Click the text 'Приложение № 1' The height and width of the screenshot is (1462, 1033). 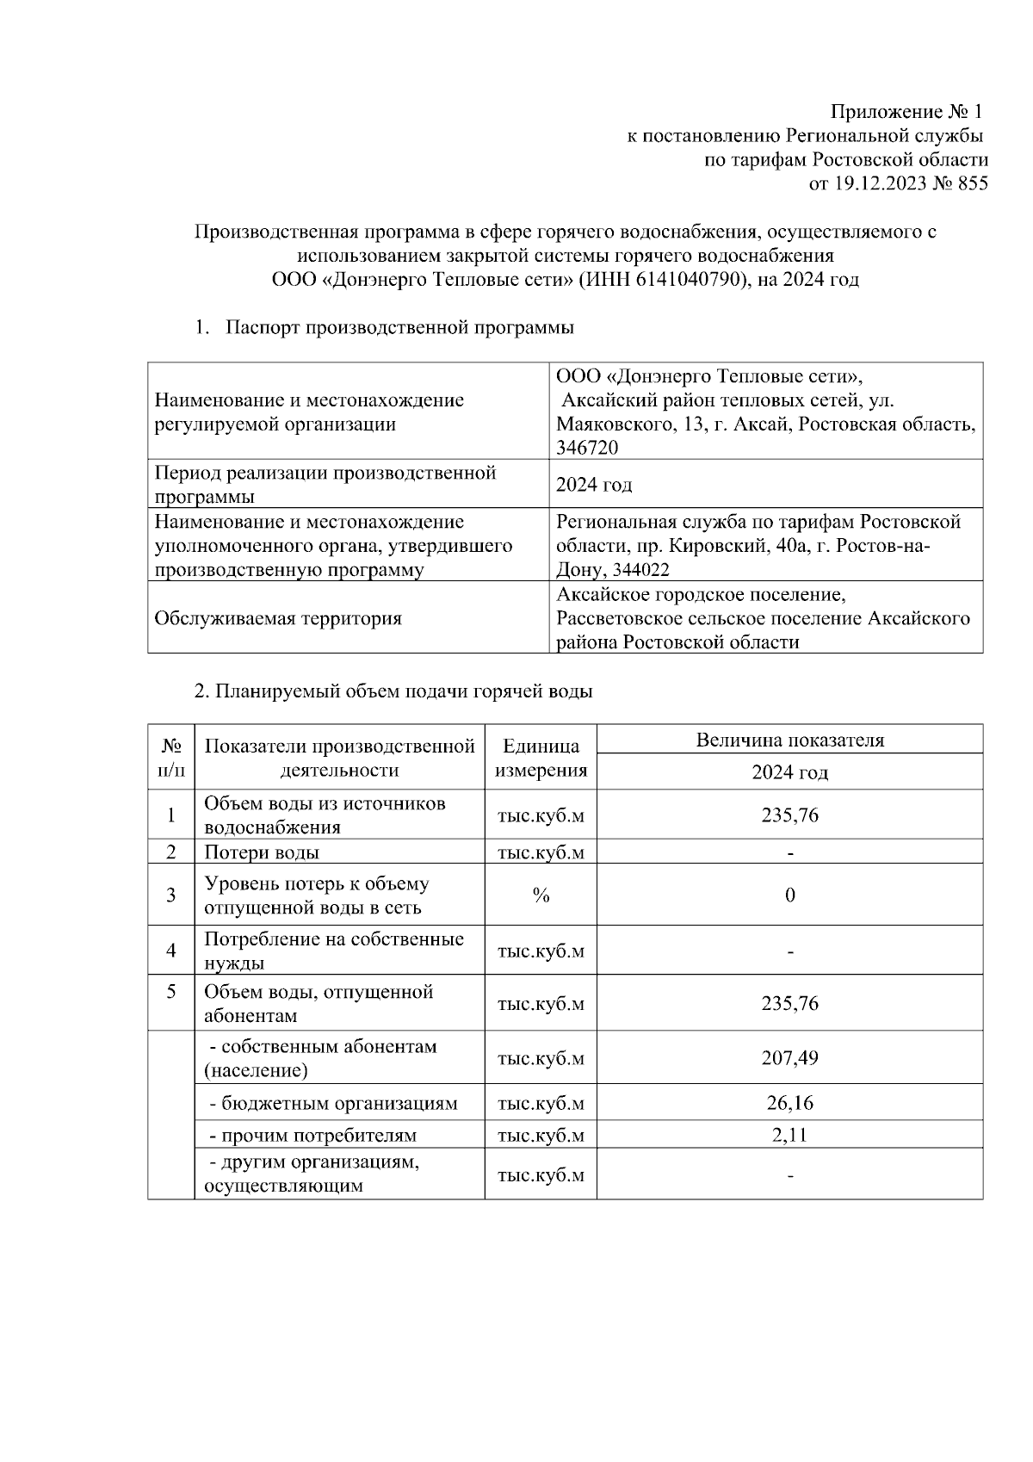click(x=906, y=112)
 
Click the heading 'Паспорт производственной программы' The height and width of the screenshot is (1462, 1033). click(x=399, y=328)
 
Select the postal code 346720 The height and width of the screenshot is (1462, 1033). click(x=587, y=448)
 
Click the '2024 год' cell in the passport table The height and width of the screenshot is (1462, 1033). click(x=594, y=485)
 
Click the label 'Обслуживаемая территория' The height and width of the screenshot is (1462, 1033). click(x=278, y=618)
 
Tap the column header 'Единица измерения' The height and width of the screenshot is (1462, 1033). click(x=541, y=758)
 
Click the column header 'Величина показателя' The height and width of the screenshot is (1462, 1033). click(x=789, y=740)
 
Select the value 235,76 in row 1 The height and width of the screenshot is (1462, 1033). click(x=789, y=815)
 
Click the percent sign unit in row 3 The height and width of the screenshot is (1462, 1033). click(x=541, y=895)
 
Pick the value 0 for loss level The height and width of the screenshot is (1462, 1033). click(x=789, y=895)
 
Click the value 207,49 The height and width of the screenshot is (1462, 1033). click(x=789, y=1057)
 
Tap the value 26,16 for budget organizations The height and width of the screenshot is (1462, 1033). click(x=789, y=1103)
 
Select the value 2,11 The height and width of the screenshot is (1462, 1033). click(x=789, y=1135)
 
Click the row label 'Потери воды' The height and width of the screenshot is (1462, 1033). click(x=262, y=852)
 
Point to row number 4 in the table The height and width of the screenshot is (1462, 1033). click(x=171, y=951)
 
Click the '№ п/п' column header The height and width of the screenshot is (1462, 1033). click(x=171, y=758)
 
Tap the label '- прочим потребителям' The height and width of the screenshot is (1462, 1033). click(x=313, y=1136)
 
